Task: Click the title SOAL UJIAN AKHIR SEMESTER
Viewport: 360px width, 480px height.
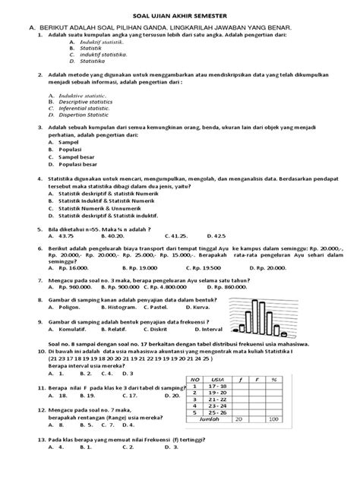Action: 181,11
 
